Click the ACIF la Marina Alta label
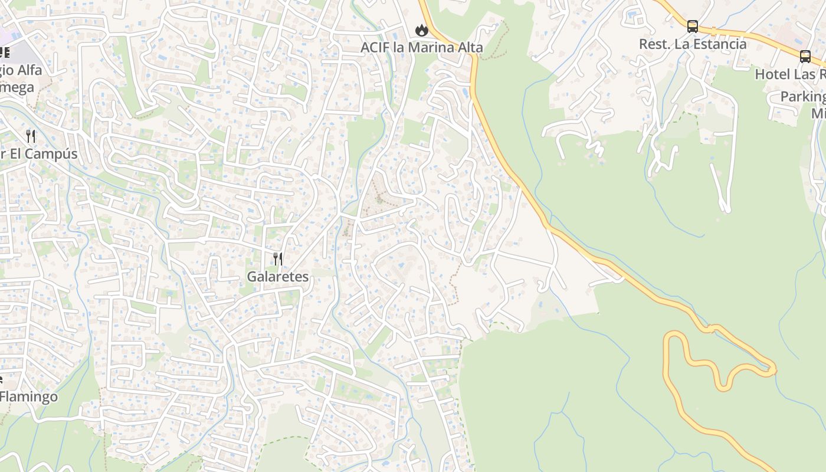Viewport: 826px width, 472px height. click(x=422, y=47)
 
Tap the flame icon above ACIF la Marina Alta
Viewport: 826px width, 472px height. click(x=421, y=29)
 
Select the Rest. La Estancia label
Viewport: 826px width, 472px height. click(x=693, y=44)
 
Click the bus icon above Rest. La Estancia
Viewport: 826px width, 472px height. click(x=693, y=27)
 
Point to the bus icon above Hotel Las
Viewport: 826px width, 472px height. click(x=805, y=57)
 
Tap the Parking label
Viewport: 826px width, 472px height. click(x=802, y=96)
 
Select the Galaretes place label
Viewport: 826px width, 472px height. click(x=277, y=276)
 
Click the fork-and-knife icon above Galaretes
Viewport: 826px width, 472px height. click(x=277, y=258)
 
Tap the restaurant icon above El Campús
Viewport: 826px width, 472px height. click(x=31, y=136)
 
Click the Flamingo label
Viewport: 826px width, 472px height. click(x=29, y=396)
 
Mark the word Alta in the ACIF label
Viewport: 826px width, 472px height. click(x=468, y=47)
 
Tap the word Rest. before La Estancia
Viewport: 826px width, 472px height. click(x=653, y=44)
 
